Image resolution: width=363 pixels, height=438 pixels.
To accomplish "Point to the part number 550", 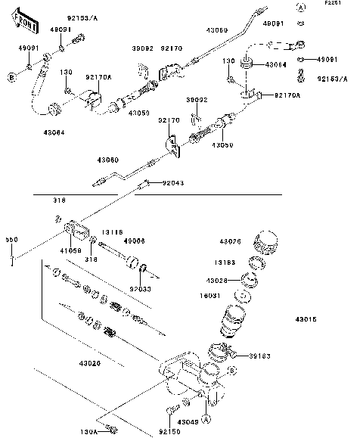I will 11,240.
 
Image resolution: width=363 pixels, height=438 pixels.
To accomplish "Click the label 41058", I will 70,249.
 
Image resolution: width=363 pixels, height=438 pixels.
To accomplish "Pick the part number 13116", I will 111,232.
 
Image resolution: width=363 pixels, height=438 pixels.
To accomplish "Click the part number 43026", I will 230,241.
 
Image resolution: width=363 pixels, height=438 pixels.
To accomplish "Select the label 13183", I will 230,262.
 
